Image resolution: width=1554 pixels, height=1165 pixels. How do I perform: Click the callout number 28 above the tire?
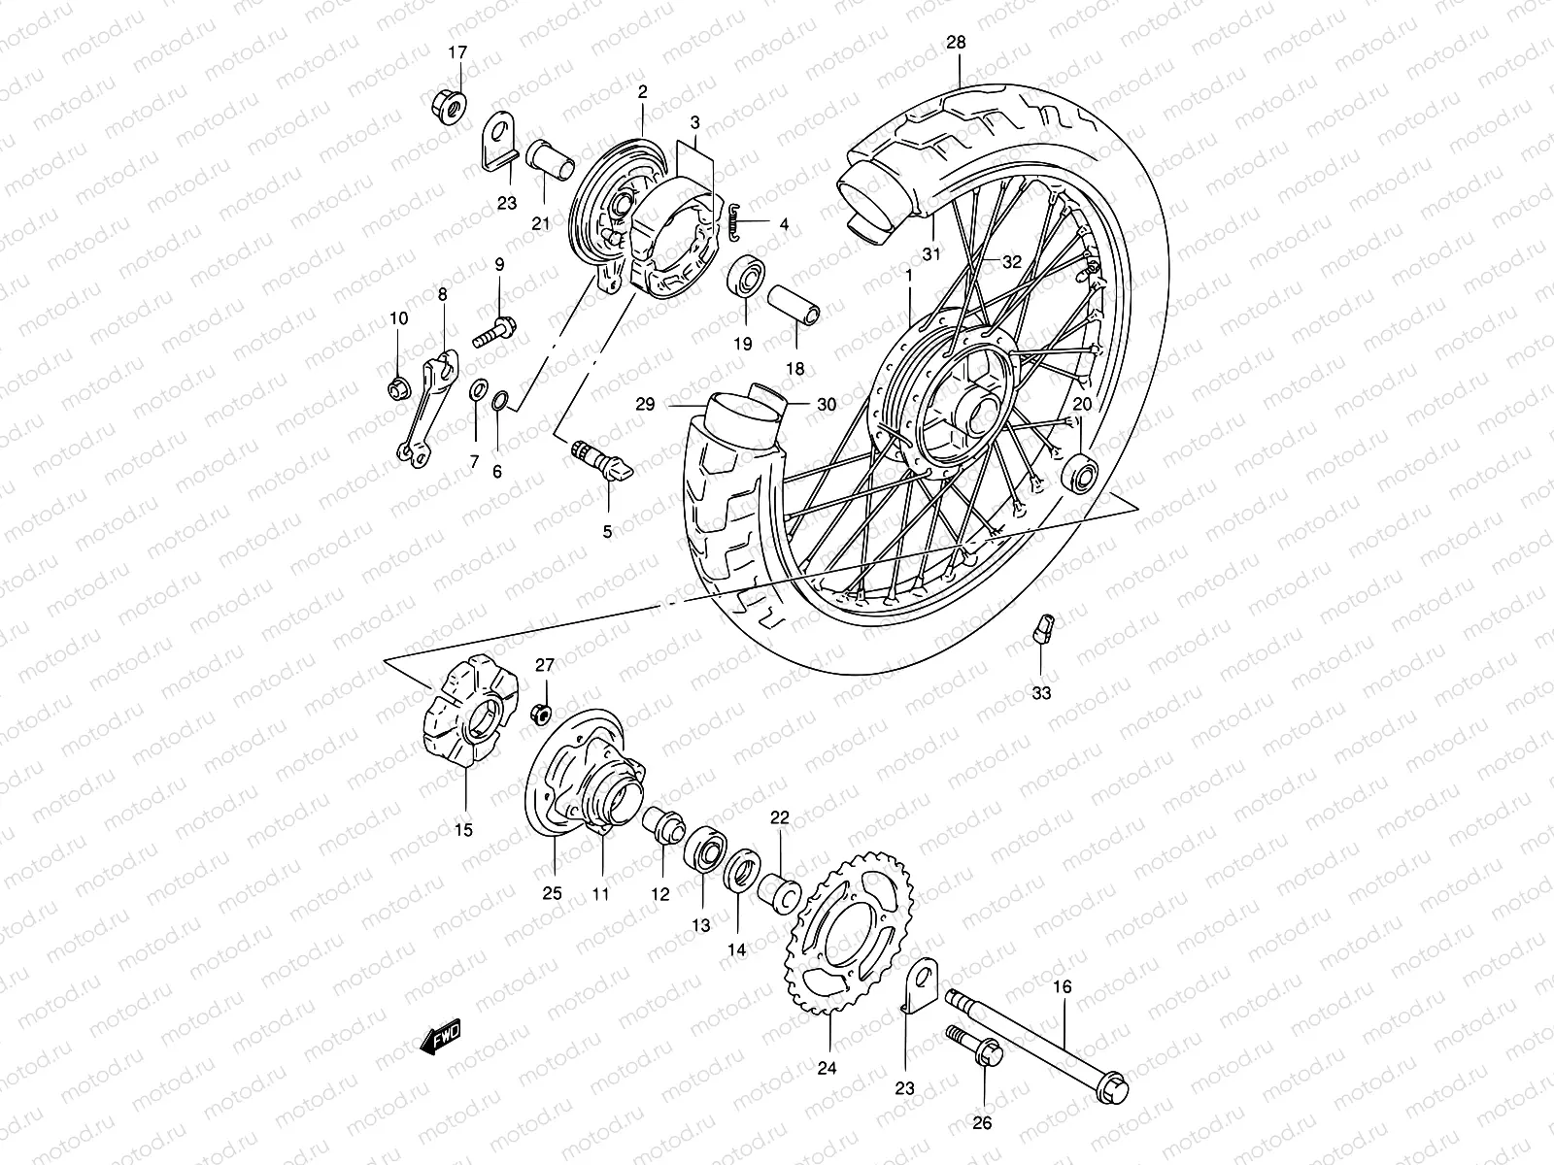pos(957,43)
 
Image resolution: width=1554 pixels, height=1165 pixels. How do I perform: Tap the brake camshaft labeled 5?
pos(599,461)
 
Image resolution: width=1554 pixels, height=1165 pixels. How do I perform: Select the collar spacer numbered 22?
pos(781,890)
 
